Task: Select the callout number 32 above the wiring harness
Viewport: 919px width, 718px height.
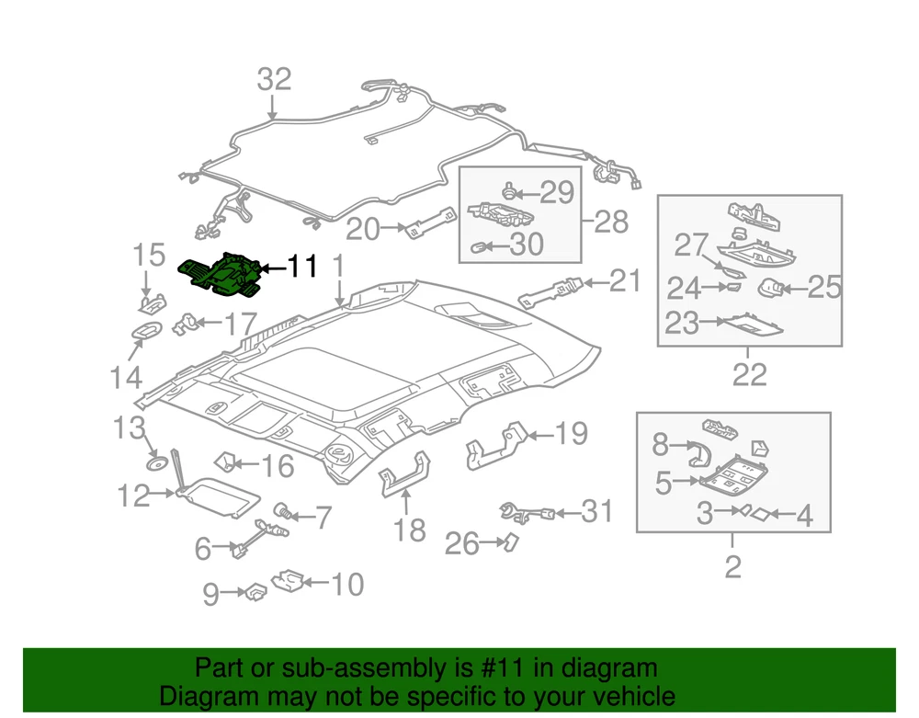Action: click(x=274, y=79)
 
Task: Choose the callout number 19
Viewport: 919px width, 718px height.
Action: click(x=571, y=433)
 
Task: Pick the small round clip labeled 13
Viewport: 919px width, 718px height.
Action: click(x=157, y=462)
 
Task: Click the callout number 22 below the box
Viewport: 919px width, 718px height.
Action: click(x=749, y=375)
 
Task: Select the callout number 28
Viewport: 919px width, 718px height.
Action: click(x=612, y=221)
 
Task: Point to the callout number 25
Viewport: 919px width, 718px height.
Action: click(x=824, y=288)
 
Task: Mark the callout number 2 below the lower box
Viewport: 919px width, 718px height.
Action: click(x=732, y=566)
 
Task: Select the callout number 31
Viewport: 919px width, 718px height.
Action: click(x=596, y=511)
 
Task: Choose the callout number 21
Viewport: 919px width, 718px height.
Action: click(x=626, y=281)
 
